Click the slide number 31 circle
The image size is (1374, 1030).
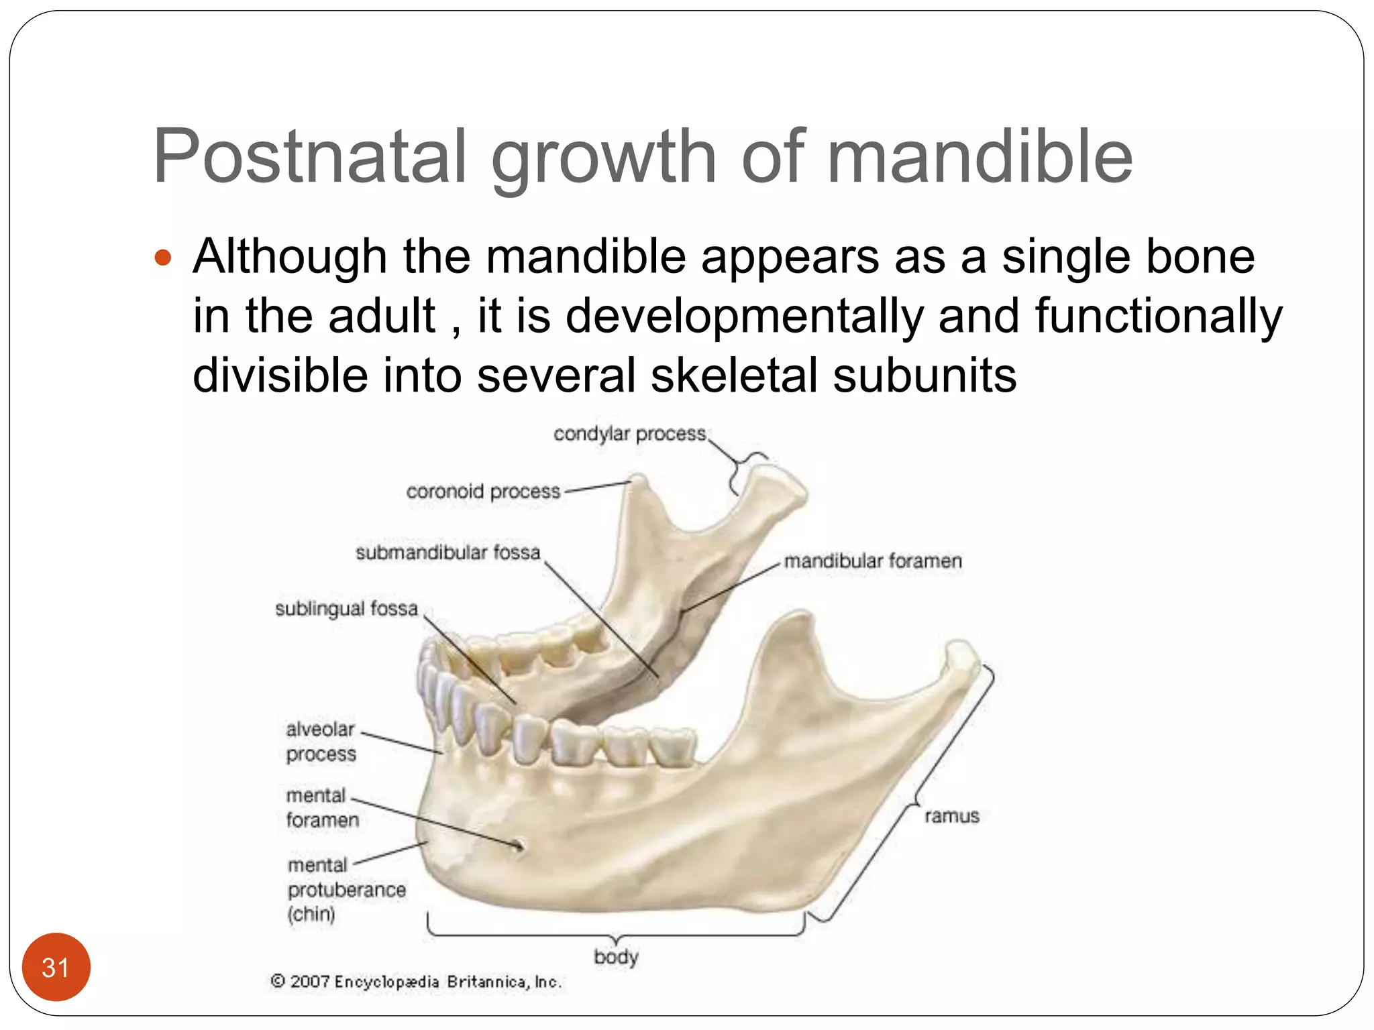(x=56, y=967)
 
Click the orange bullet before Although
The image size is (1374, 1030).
(x=163, y=257)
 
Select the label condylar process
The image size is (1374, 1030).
(x=629, y=434)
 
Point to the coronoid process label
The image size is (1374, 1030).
(x=483, y=492)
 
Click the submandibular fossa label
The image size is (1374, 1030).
(x=447, y=553)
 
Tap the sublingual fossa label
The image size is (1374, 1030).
(x=346, y=609)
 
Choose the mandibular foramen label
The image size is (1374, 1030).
(x=873, y=561)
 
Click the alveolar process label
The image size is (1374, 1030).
(x=321, y=741)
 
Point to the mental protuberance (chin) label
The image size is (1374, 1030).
(x=346, y=889)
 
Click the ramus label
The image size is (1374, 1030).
(x=951, y=816)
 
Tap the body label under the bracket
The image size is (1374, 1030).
(x=616, y=956)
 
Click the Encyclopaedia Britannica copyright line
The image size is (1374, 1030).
(x=416, y=982)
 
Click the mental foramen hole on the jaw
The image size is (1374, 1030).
(x=519, y=846)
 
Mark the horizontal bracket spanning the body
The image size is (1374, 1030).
(x=616, y=933)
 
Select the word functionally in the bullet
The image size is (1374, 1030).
(x=1158, y=316)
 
